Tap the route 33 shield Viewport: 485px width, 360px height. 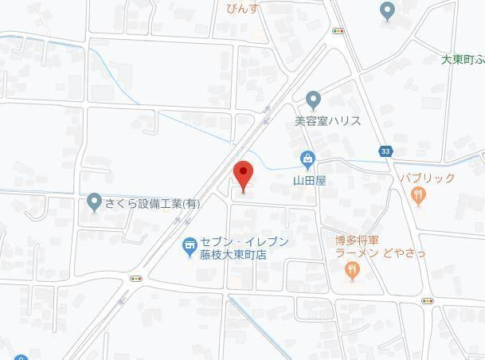coord(386,151)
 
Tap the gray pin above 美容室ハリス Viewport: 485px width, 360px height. coord(313,100)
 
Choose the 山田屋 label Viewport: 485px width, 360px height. coord(309,181)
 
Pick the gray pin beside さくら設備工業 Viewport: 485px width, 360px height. coord(95,202)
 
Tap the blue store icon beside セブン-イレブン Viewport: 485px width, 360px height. coord(190,248)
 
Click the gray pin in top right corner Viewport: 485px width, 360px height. coord(387,11)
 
